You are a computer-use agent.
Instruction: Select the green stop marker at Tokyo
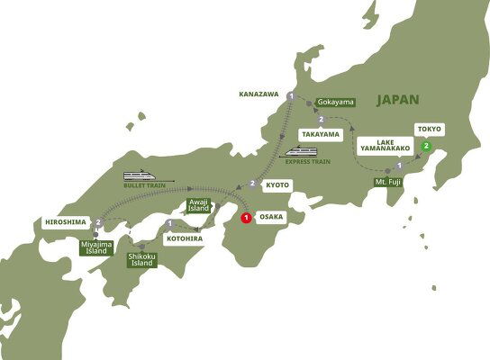[x=427, y=146]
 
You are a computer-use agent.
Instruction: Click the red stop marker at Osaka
[x=246, y=216]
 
